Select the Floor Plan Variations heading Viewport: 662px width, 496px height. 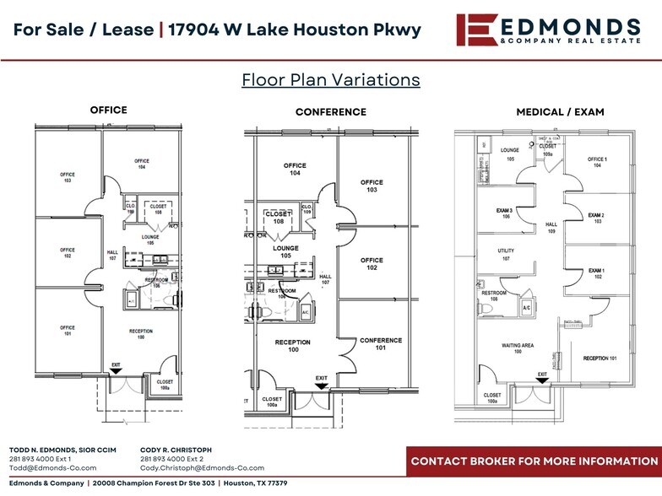coord(331,80)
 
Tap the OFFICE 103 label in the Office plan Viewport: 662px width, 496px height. coord(68,177)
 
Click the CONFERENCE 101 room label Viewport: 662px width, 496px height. coord(380,343)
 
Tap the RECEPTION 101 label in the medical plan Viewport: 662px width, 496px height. coord(601,359)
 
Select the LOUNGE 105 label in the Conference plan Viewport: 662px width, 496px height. coord(285,251)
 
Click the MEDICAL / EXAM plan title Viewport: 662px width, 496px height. coord(560,112)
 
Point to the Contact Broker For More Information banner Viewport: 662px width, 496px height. coord(534,461)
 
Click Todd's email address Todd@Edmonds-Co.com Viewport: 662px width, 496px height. coord(52,467)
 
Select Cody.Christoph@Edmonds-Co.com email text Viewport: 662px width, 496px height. coord(202,467)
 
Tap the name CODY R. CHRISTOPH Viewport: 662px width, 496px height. coord(176,450)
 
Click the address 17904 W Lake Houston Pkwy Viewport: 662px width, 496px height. coord(295,30)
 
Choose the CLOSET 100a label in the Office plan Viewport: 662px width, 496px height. coord(165,384)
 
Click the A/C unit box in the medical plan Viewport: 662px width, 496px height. coord(526,308)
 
